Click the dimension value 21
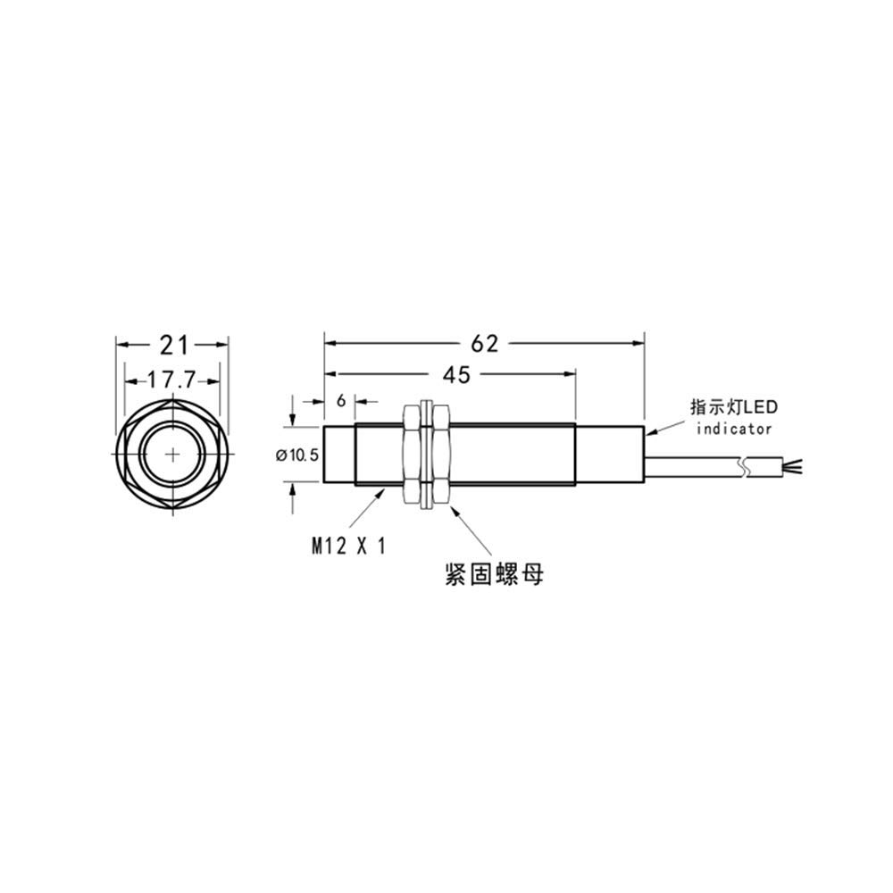172,344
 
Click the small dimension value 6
340,401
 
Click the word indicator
734,429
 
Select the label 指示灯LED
732,407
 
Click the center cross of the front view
172,455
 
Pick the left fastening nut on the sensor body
412,455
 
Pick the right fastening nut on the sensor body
438,455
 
